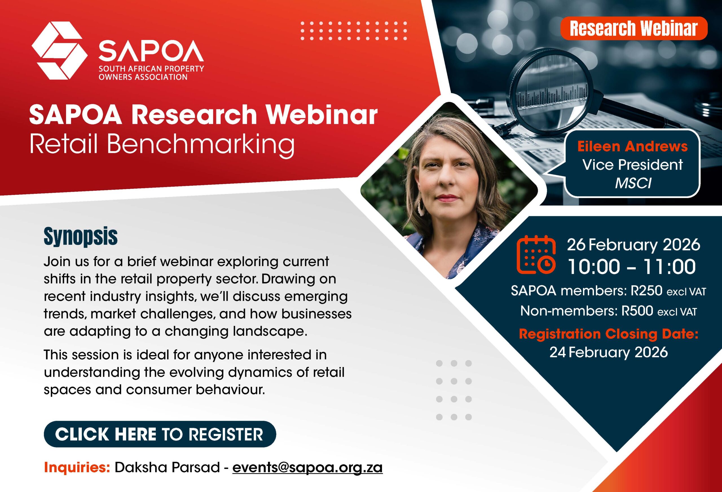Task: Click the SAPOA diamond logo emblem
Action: pyautogui.click(x=59, y=51)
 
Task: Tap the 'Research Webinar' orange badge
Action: pyautogui.click(x=634, y=28)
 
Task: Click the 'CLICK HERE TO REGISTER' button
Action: pyautogui.click(x=160, y=434)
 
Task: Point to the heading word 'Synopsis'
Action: pyautogui.click(x=81, y=237)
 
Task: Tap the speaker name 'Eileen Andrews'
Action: pyautogui.click(x=633, y=146)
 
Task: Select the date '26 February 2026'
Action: pyautogui.click(x=634, y=245)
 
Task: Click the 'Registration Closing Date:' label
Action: pyautogui.click(x=609, y=334)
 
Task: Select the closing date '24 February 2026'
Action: pyautogui.click(x=609, y=352)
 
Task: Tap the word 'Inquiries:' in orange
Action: pyautogui.click(x=77, y=467)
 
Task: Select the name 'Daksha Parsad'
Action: pyautogui.click(x=168, y=467)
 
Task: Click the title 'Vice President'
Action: pyautogui.click(x=633, y=165)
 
